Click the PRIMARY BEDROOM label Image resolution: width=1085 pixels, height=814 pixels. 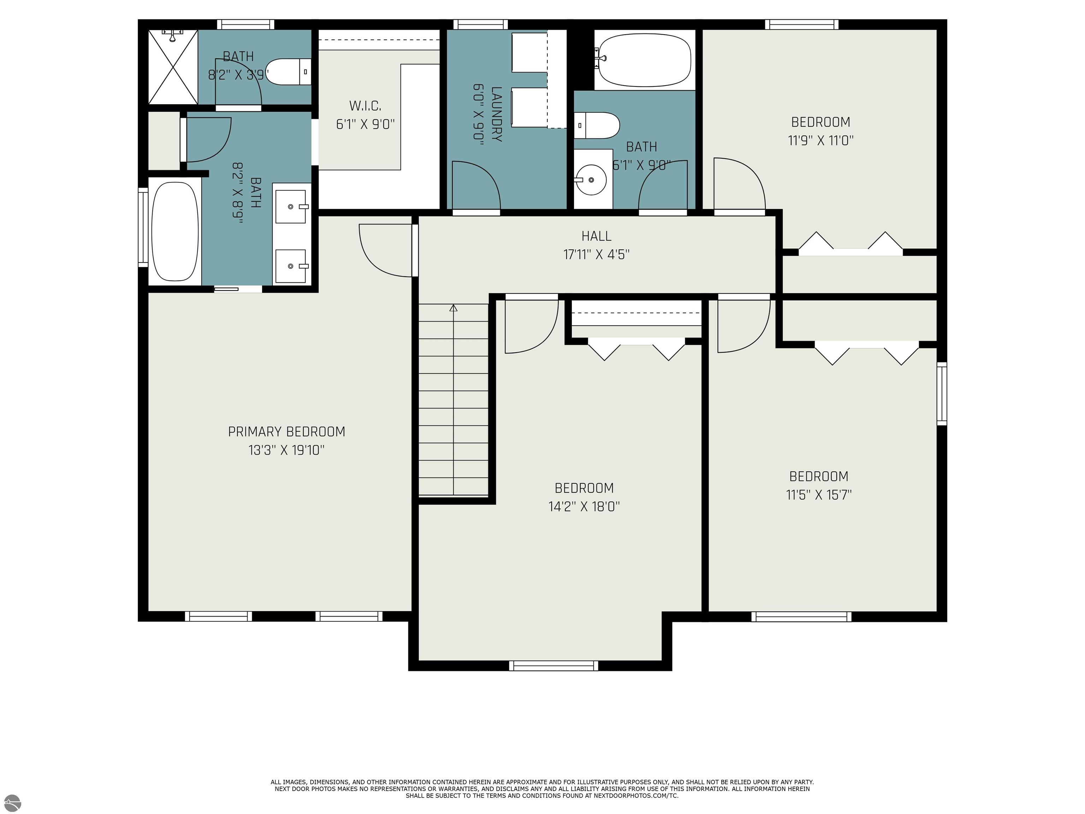[x=286, y=432]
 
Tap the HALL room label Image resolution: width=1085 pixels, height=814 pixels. [x=597, y=236]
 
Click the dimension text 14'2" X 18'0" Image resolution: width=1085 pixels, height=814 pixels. [x=584, y=506]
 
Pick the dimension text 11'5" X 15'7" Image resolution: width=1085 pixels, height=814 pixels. [x=819, y=495]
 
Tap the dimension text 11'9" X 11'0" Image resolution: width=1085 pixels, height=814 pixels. [x=820, y=140]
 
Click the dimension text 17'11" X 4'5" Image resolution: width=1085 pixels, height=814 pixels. [x=597, y=254]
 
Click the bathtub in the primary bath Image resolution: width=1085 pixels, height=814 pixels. [x=175, y=231]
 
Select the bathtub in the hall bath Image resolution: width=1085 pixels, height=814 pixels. [x=644, y=60]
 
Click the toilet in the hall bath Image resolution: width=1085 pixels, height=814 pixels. [x=597, y=126]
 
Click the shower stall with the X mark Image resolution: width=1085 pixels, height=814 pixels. [x=173, y=67]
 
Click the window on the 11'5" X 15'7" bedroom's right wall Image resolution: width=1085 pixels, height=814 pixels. [x=942, y=394]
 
